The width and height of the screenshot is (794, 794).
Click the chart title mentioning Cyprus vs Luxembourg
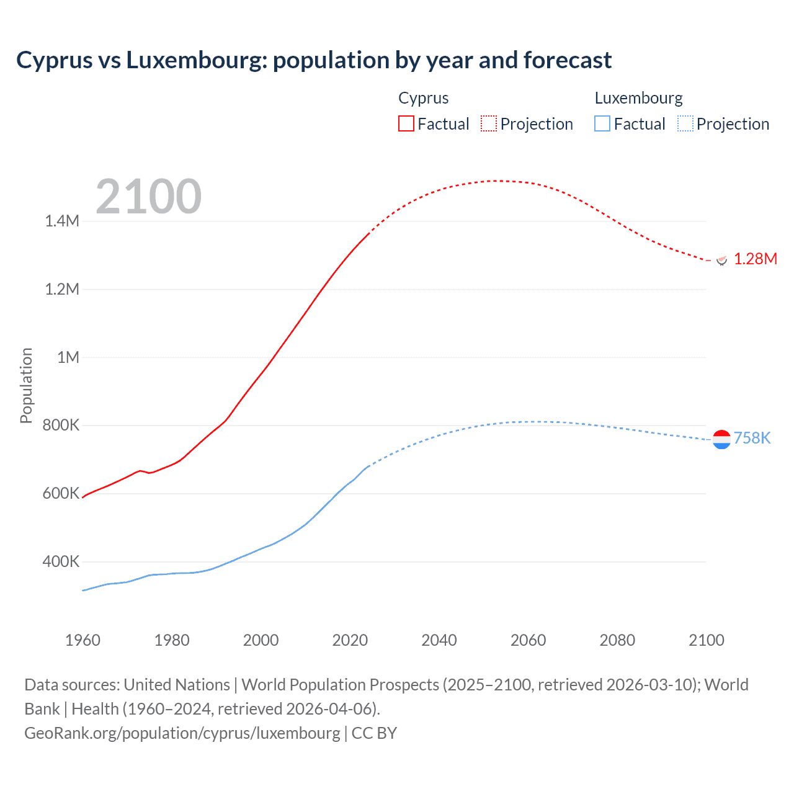pyautogui.click(x=314, y=60)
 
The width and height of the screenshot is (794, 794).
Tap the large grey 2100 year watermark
pyautogui.click(x=148, y=197)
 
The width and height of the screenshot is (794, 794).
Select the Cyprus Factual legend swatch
pyautogui.click(x=406, y=123)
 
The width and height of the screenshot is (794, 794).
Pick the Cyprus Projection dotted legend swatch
pyautogui.click(x=489, y=123)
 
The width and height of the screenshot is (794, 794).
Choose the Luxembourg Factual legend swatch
pyautogui.click(x=602, y=123)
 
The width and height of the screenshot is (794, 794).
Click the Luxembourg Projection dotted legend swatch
pyautogui.click(x=685, y=123)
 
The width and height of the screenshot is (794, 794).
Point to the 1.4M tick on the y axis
pyautogui.click(x=62, y=221)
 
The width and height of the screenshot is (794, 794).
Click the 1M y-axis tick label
pyautogui.click(x=68, y=357)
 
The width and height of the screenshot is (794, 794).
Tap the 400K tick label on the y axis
pyautogui.click(x=61, y=562)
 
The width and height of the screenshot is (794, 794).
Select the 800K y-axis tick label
pyautogui.click(x=61, y=426)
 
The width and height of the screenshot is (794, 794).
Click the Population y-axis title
pyautogui.click(x=26, y=385)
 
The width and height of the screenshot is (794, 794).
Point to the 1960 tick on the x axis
pyautogui.click(x=83, y=640)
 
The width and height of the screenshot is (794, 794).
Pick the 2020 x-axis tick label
pyautogui.click(x=350, y=640)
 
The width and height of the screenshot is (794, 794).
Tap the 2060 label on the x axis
pyautogui.click(x=528, y=640)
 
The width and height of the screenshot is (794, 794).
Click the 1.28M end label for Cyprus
pyautogui.click(x=755, y=259)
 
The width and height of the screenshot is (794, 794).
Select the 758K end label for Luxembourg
pyautogui.click(x=752, y=438)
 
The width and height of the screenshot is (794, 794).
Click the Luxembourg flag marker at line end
pyautogui.click(x=721, y=439)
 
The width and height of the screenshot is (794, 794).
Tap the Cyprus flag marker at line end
pyautogui.click(x=721, y=260)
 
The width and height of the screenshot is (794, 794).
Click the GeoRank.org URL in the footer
pyautogui.click(x=182, y=733)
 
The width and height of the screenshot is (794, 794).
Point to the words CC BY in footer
pyautogui.click(x=374, y=733)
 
